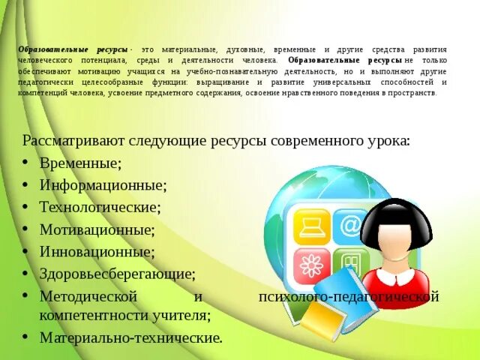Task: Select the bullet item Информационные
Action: [103, 184]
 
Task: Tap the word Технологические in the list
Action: [100, 206]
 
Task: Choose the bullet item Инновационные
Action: [97, 251]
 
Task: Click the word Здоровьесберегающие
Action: [118, 274]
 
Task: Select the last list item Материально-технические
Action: [131, 338]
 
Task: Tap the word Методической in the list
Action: [88, 296]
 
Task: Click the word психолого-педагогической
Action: [347, 297]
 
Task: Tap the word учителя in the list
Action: [183, 316]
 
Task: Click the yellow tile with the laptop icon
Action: [311, 226]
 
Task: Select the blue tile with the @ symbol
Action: [349, 226]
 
